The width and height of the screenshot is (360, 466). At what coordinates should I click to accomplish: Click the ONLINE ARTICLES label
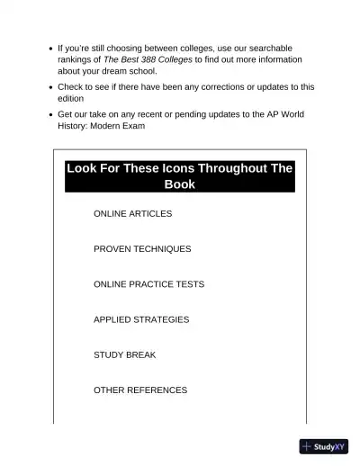132,214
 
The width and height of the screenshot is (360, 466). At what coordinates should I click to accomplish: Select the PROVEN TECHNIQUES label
142,249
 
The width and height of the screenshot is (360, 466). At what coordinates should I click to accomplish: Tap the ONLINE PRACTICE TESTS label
148,284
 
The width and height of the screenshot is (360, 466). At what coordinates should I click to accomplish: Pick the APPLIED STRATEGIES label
141,319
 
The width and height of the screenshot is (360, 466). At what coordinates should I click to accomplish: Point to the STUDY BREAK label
124,355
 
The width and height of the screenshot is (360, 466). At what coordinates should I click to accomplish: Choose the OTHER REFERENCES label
140,390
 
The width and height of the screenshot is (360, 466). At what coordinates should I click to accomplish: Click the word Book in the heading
179,184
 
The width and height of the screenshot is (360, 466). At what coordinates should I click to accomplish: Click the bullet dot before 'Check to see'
49,87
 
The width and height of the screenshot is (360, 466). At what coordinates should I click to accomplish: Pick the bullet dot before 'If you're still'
49,48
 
